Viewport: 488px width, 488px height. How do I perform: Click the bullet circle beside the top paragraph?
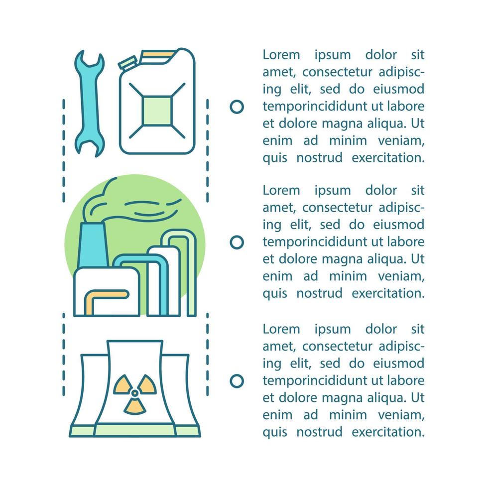[237, 107]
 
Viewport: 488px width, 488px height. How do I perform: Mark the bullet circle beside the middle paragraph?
[237, 243]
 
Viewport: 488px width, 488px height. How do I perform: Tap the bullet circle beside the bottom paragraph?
[237, 381]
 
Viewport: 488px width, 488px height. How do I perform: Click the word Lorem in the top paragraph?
[281, 55]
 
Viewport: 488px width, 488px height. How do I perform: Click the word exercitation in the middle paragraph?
[388, 293]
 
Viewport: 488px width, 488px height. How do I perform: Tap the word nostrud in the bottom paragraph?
[319, 432]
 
